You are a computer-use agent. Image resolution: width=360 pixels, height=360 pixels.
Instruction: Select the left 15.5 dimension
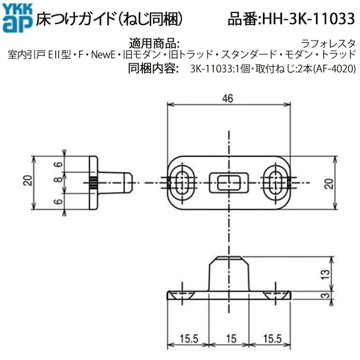[x=187, y=339]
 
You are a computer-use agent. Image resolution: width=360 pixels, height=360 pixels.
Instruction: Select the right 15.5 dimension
[x=271, y=339]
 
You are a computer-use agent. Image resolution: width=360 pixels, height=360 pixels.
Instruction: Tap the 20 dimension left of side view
[x=27, y=182]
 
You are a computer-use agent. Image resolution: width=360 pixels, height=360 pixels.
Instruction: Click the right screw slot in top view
[x=275, y=183]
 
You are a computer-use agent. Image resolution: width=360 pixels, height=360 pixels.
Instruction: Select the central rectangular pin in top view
[x=228, y=183]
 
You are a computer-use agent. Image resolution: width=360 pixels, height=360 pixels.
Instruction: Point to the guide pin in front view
[x=229, y=274]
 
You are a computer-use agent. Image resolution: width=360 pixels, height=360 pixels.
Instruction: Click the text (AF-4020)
[x=334, y=69]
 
